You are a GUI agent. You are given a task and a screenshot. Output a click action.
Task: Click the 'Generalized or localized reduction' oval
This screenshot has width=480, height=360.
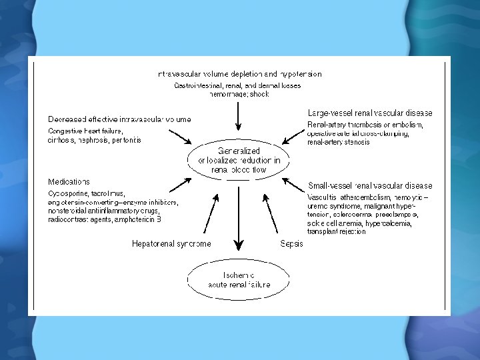[x=239, y=161]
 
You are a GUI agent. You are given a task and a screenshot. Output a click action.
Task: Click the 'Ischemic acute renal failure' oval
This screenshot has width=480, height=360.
[x=239, y=280]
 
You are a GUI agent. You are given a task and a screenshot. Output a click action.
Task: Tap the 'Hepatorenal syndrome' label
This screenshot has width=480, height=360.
[x=171, y=243]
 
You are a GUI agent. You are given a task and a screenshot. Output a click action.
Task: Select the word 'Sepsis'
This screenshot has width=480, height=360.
[x=292, y=243]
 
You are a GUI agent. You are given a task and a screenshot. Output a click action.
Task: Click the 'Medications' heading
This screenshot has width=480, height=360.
[x=69, y=181]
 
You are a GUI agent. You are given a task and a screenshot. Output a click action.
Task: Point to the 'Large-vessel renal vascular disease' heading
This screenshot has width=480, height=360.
[x=369, y=113]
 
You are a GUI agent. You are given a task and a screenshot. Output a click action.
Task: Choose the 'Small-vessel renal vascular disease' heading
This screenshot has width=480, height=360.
[x=370, y=185]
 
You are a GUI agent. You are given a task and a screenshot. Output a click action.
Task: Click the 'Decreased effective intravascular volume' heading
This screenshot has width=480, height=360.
[x=119, y=119]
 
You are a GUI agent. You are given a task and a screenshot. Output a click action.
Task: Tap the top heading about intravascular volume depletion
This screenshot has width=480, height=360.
[x=239, y=74]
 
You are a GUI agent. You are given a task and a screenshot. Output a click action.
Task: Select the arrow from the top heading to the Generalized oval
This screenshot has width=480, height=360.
[x=239, y=117]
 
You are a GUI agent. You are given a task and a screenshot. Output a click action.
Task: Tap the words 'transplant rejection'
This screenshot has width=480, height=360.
[x=336, y=232]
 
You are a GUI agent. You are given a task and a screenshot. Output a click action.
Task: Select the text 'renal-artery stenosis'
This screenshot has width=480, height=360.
[x=338, y=142]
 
